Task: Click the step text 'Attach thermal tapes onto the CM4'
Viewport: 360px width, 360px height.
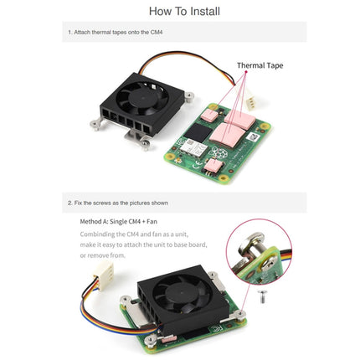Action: [x=117, y=33]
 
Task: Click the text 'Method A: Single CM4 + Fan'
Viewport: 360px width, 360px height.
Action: [x=122, y=222]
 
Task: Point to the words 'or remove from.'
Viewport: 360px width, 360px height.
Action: [x=101, y=255]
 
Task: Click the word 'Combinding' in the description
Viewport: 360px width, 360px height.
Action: [x=98, y=234]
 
